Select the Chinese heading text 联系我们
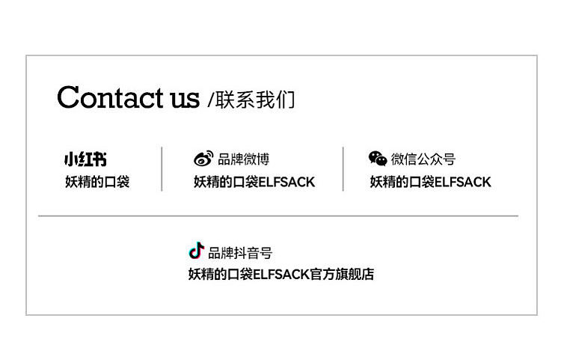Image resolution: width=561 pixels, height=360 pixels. tap(255, 100)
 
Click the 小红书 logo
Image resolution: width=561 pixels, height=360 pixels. tap(85, 159)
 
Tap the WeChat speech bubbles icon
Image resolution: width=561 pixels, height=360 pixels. tap(378, 158)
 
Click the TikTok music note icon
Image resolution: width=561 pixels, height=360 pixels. tap(196, 251)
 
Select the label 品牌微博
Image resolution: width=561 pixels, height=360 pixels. tap(243, 159)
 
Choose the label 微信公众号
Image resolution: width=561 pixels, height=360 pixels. tap(423, 159)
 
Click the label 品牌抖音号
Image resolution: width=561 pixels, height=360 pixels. tap(240, 253)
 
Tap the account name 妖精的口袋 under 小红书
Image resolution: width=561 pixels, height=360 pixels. tap(96, 182)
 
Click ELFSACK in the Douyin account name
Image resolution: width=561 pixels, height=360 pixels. tap(281, 275)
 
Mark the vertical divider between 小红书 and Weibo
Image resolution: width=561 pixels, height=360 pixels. tap(162, 169)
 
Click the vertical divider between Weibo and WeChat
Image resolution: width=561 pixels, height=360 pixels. tap(343, 169)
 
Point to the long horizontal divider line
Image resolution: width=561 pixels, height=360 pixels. tap(278, 216)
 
